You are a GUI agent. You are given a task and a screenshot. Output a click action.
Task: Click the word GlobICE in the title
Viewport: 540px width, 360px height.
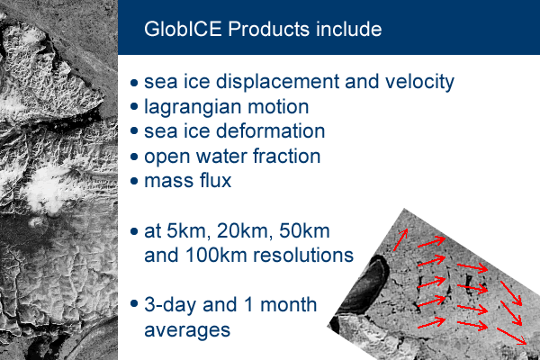pyautogui.click(x=183, y=29)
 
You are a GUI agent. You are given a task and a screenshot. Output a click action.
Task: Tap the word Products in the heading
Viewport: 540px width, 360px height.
pyautogui.click(x=268, y=29)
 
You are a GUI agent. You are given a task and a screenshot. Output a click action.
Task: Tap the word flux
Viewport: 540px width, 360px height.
pyautogui.click(x=215, y=181)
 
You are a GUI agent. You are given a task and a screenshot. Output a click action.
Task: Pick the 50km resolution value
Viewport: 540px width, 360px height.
pyautogui.click(x=304, y=231)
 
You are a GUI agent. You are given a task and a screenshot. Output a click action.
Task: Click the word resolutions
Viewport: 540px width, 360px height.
pyautogui.click(x=303, y=256)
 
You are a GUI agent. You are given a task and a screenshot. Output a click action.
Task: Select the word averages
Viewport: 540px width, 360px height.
pyautogui.click(x=187, y=330)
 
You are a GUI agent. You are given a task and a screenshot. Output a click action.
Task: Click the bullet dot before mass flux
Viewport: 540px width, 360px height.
pyautogui.click(x=134, y=181)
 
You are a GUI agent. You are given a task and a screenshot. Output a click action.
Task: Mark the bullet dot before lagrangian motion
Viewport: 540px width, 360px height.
pyautogui.click(x=134, y=106)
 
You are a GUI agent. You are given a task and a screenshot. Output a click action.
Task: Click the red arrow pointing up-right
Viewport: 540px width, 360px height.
pyautogui.click(x=400, y=239)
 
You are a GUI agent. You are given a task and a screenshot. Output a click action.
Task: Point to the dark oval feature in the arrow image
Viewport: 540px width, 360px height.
pyautogui.click(x=365, y=285)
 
